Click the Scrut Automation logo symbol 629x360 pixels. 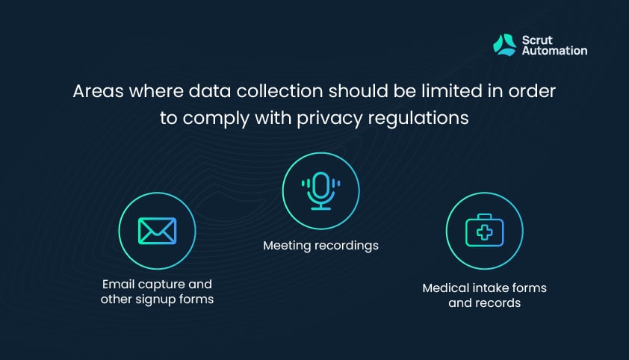click(505, 45)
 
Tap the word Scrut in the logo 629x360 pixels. click(537, 40)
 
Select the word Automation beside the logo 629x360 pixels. click(555, 51)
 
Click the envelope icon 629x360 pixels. click(157, 231)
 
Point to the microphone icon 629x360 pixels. click(321, 190)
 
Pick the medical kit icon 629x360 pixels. click(485, 230)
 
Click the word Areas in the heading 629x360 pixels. click(99, 91)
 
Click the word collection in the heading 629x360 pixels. click(279, 91)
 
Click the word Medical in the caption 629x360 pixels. click(446, 288)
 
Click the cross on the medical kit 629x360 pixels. click(485, 232)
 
